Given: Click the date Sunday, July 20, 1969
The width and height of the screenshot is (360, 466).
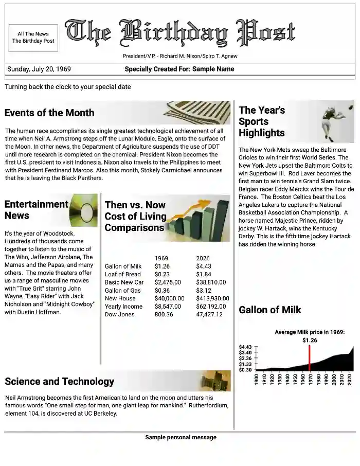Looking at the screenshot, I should (x=39, y=69).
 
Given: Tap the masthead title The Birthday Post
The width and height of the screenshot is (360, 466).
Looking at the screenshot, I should (x=180, y=32).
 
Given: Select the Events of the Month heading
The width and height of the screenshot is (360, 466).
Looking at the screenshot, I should (x=49, y=113).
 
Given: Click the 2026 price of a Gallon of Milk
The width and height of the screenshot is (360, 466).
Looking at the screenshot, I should (x=204, y=266).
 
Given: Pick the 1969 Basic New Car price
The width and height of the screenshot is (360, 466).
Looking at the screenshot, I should (x=168, y=282).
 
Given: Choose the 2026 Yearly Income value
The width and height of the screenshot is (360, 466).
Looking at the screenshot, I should (x=211, y=307).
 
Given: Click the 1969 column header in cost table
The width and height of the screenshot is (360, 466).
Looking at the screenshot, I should (x=161, y=258).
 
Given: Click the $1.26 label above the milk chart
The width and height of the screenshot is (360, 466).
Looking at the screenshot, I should (x=310, y=340).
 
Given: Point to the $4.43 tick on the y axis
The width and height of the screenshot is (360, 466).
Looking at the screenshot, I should (x=245, y=347).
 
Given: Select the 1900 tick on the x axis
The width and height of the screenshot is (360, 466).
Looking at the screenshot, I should (x=257, y=380).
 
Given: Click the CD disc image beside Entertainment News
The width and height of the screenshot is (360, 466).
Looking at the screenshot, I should (x=83, y=210).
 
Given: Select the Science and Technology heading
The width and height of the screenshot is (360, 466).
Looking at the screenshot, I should (x=59, y=381).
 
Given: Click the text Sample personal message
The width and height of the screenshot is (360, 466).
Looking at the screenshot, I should (x=181, y=438).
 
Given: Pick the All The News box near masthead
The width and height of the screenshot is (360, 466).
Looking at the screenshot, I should (x=33, y=38).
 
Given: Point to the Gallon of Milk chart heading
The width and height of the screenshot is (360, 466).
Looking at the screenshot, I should (x=270, y=310).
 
